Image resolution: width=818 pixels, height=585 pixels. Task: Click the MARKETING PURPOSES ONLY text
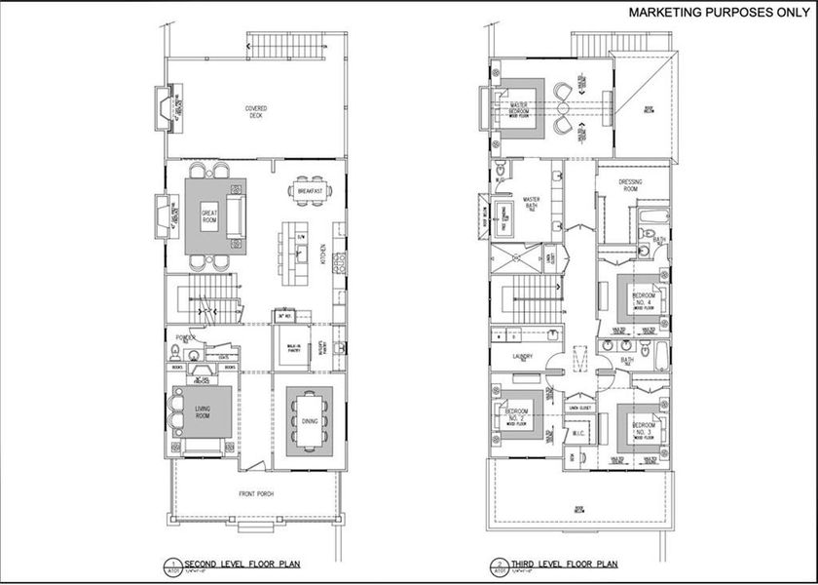click(710, 13)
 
